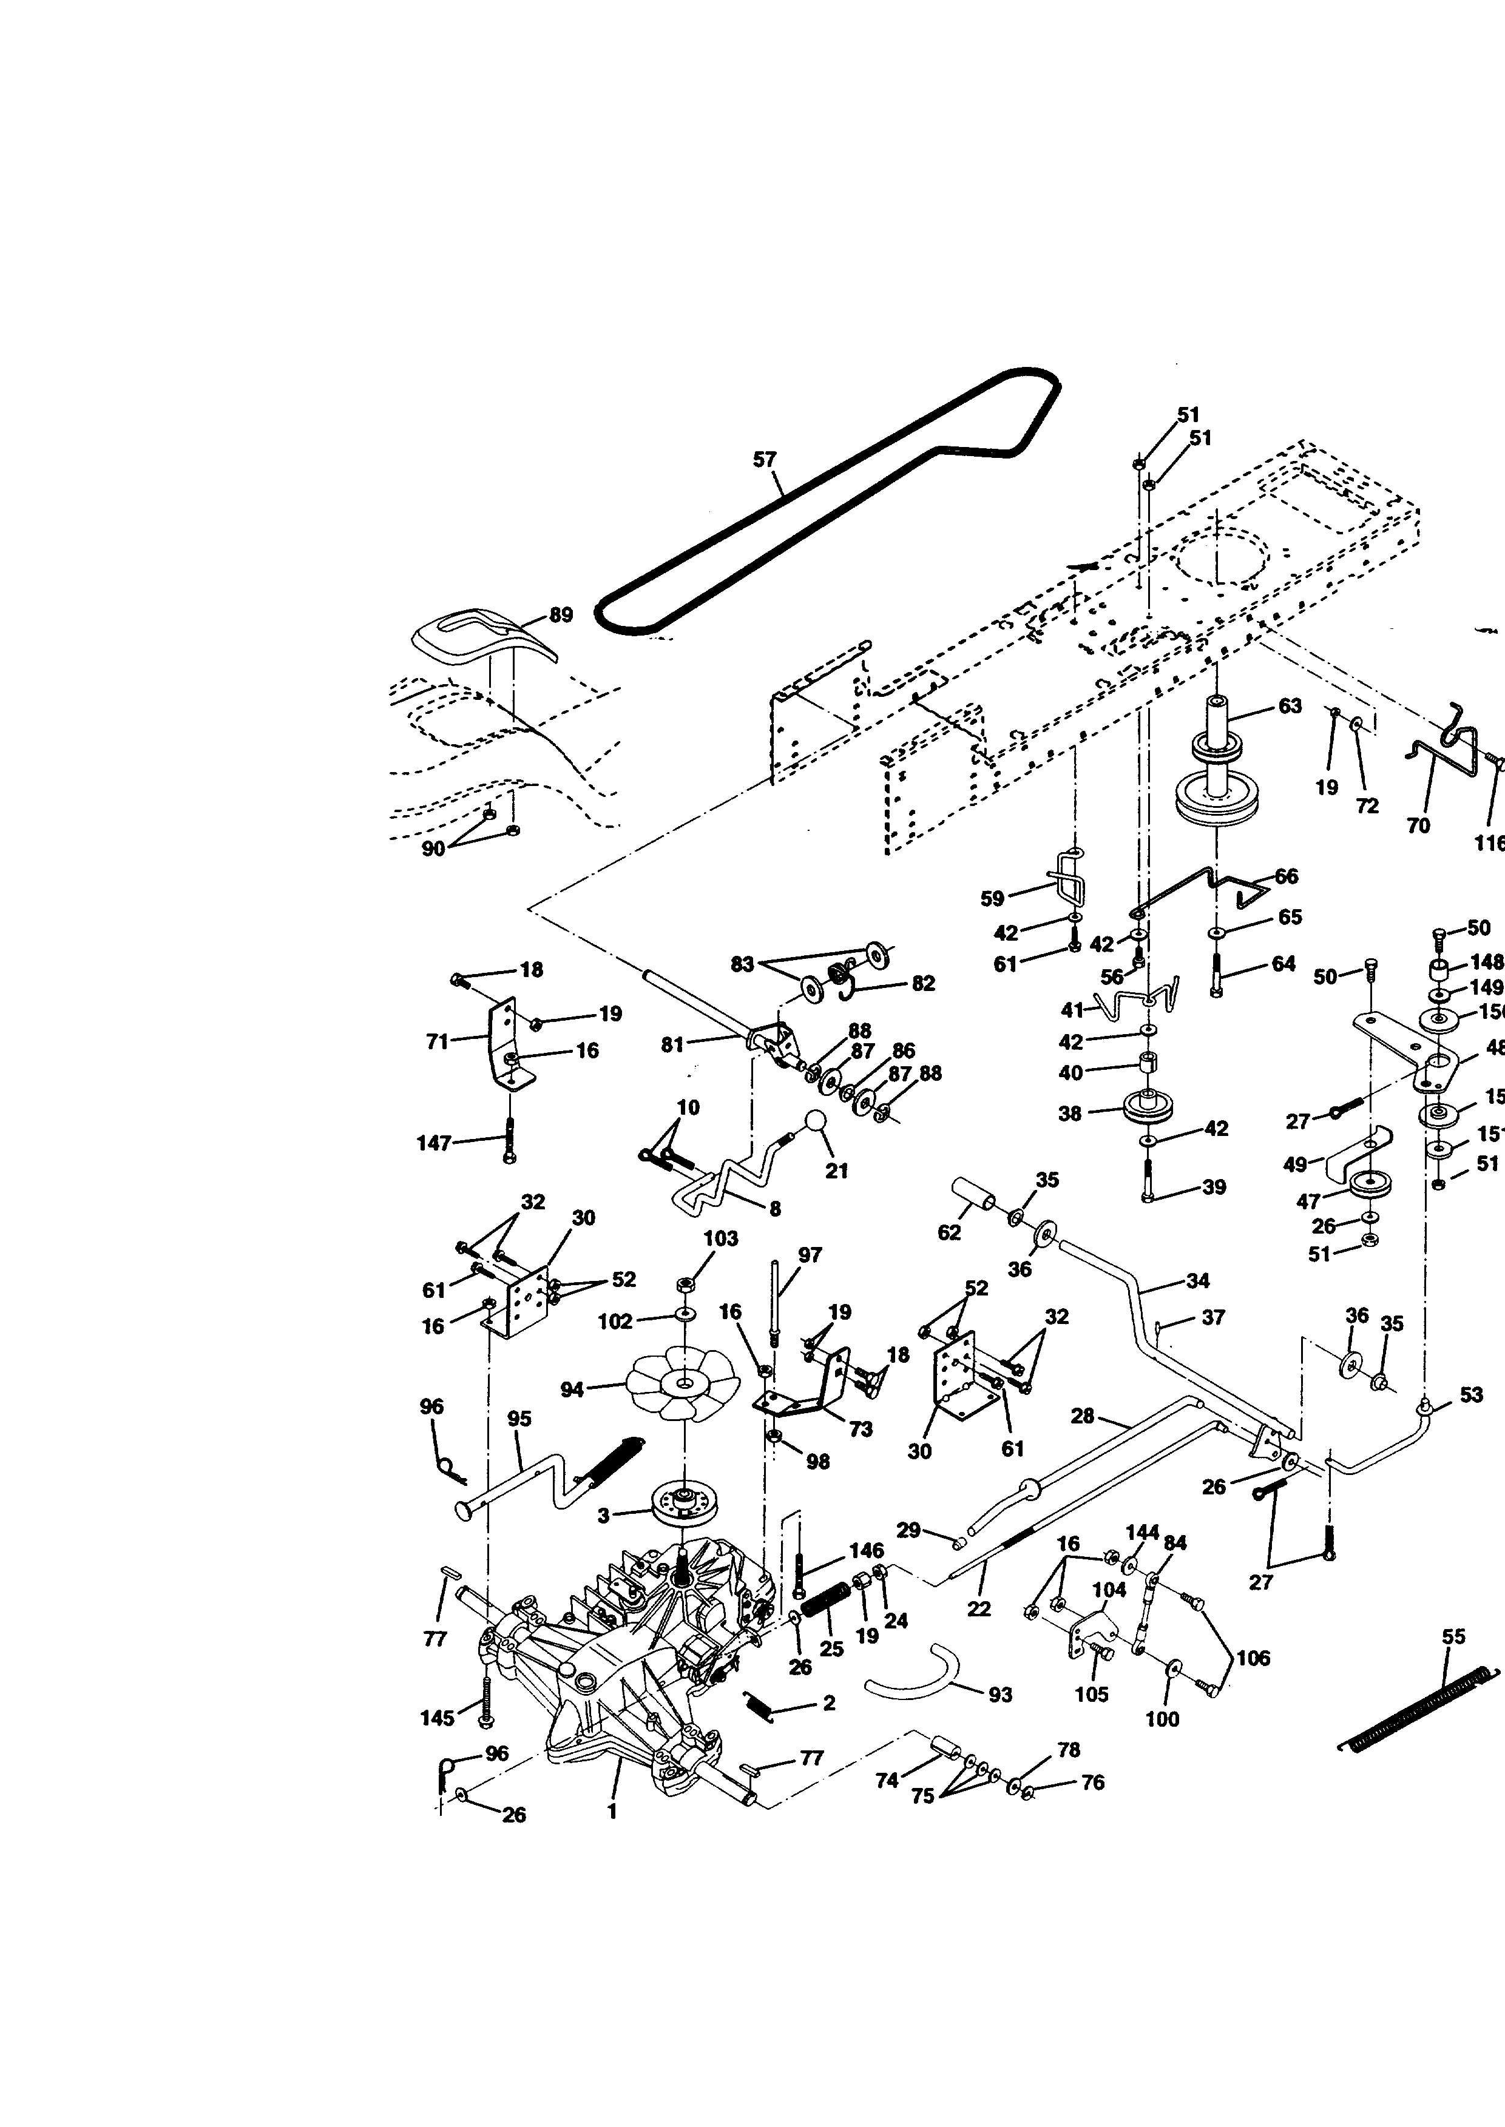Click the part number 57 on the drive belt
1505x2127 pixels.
pos(765,460)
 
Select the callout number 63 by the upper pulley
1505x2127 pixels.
pos(1290,706)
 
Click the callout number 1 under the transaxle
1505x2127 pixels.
pos(612,1811)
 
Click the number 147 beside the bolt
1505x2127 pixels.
pos(434,1143)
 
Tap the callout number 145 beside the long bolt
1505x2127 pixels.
pos(438,1718)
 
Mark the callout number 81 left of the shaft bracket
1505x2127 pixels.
pos(672,1045)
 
